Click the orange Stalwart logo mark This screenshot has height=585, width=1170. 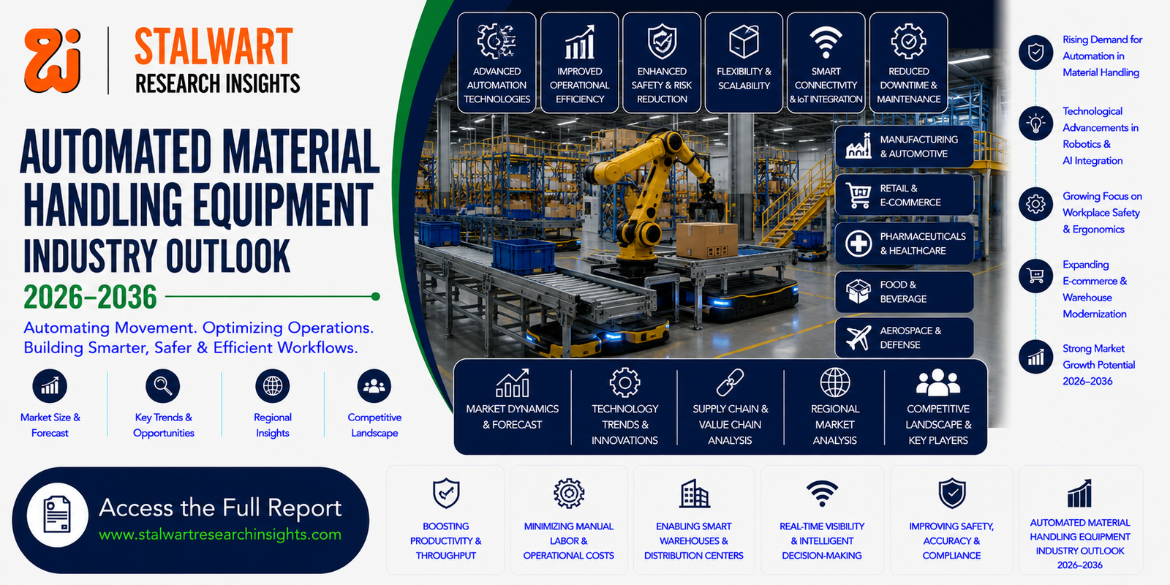(52, 61)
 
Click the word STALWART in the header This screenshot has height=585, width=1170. (214, 47)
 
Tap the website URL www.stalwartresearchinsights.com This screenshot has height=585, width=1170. (220, 535)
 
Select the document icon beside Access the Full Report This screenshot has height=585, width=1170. (58, 515)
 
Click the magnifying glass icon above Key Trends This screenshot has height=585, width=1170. (163, 386)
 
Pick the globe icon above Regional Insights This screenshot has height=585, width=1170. (272, 386)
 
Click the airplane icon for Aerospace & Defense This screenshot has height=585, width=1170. (858, 337)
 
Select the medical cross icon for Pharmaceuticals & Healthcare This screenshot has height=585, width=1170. (858, 244)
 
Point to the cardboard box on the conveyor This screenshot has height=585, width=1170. (706, 241)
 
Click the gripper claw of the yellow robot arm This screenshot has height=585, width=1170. (706, 201)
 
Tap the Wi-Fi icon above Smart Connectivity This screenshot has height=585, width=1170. (826, 42)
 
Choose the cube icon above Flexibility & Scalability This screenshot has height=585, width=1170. (744, 41)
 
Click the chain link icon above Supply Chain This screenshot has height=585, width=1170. (730, 382)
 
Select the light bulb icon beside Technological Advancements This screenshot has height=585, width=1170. (1035, 124)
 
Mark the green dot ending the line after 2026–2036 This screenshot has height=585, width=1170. (375, 297)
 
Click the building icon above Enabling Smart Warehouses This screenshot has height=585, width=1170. (694, 494)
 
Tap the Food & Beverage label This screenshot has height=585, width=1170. (903, 292)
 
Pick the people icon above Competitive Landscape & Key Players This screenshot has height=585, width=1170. (938, 382)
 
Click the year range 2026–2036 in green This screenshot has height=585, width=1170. (90, 297)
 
